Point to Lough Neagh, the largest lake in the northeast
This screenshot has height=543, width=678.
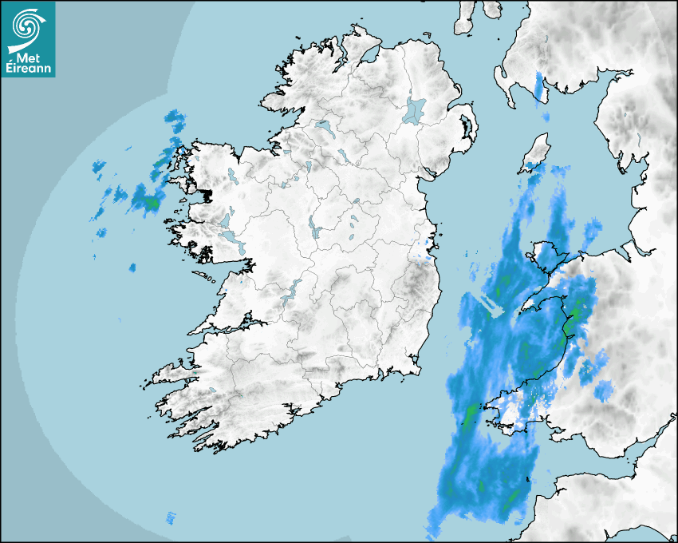415,109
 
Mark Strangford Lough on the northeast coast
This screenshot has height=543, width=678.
466,125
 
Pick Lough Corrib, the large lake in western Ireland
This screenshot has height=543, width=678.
226,220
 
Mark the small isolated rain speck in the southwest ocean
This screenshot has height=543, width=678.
170,517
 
